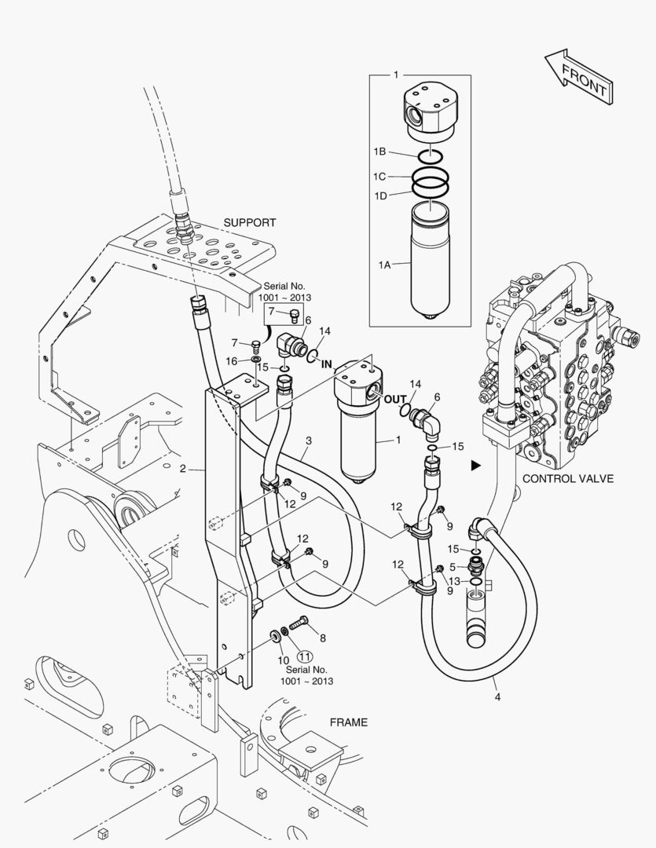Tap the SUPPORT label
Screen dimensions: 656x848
[250, 222]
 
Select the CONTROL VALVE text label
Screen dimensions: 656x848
[568, 479]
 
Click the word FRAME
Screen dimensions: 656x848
[349, 722]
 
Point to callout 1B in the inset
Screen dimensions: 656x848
[379, 152]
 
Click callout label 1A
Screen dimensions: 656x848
[384, 265]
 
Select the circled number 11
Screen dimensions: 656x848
[306, 656]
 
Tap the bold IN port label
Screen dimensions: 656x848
[326, 364]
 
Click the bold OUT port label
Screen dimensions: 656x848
[395, 400]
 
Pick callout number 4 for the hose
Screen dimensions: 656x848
[497, 697]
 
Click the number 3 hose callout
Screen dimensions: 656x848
[309, 440]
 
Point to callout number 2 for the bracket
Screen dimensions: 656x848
[183, 469]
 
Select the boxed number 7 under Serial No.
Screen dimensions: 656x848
[272, 312]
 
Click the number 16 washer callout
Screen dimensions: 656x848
[231, 360]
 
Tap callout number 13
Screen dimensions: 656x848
[455, 581]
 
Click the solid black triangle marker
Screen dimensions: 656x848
[476, 465]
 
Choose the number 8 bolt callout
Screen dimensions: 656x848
[323, 638]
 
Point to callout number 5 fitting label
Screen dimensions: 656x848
[453, 568]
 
